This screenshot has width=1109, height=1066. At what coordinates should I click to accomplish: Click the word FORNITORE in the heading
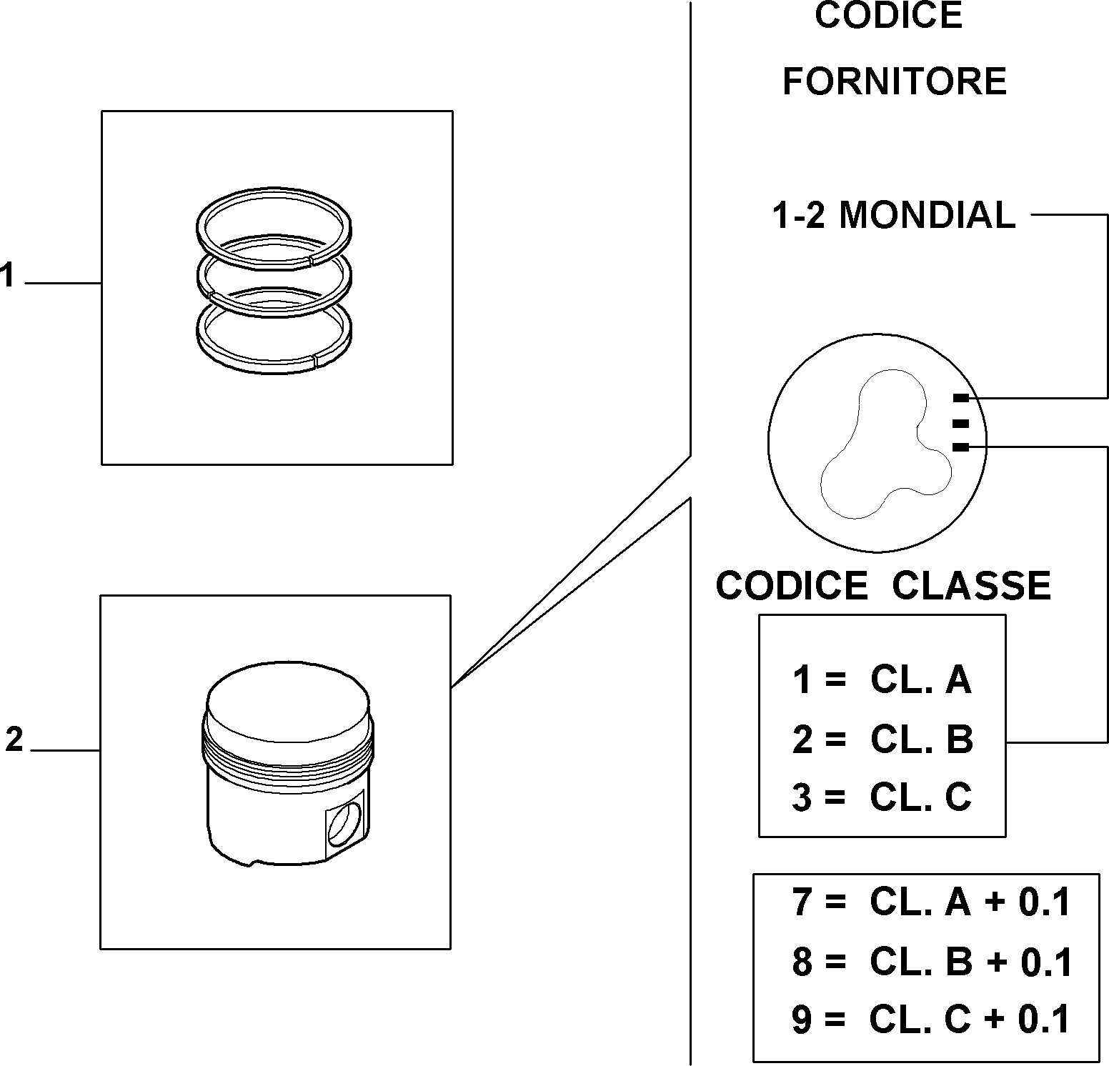[x=895, y=81]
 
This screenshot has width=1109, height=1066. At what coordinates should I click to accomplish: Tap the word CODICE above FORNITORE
[x=889, y=15]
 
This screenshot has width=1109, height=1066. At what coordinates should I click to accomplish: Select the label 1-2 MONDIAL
[x=894, y=214]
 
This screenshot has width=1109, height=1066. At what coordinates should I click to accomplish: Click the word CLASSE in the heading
[x=971, y=585]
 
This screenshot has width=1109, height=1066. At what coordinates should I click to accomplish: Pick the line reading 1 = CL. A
[x=882, y=679]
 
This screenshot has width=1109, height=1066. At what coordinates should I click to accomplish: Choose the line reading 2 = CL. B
[x=882, y=739]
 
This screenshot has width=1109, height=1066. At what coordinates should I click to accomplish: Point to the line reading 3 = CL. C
[x=882, y=797]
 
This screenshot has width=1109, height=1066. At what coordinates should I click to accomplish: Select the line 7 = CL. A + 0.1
[x=931, y=902]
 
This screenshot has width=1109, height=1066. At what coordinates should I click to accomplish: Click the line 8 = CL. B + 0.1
[x=932, y=962]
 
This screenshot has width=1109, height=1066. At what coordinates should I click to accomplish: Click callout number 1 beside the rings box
[x=7, y=276]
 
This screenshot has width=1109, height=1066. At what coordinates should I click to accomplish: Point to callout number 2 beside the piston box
[x=14, y=739]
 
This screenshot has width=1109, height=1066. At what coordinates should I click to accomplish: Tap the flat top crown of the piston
[x=288, y=704]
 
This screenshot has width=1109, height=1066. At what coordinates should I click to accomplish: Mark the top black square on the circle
[x=961, y=398]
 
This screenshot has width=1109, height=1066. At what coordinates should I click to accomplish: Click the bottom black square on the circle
[x=961, y=447]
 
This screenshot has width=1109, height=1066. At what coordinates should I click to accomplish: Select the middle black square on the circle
[x=961, y=423]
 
